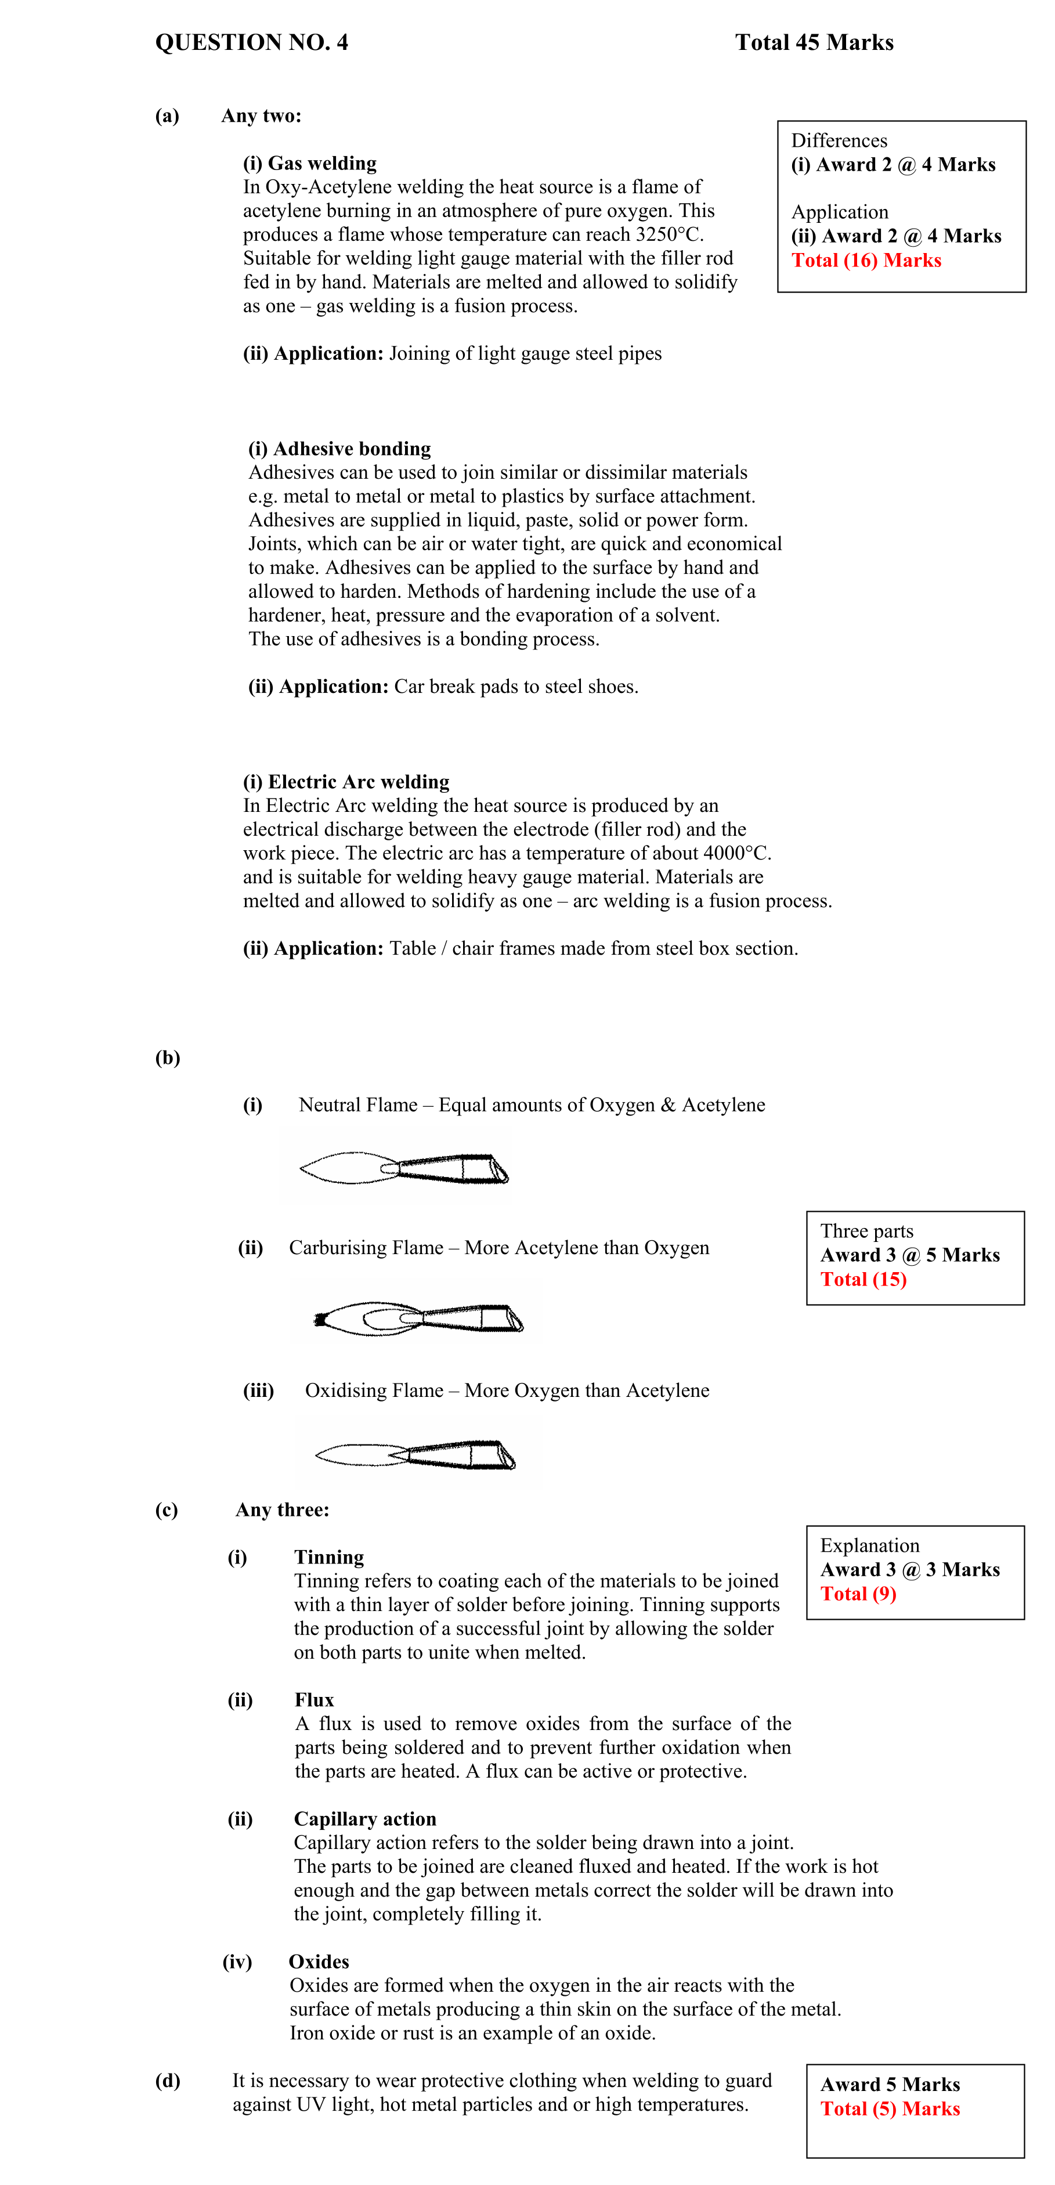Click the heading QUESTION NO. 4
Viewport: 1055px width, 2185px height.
click(x=251, y=42)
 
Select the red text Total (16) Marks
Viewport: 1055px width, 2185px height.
click(x=866, y=261)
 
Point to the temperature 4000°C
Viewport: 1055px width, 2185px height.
click(x=736, y=853)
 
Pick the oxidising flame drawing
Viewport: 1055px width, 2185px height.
click(x=416, y=1455)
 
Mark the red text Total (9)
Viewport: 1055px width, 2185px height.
click(x=858, y=1594)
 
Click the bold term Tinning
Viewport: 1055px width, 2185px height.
click(x=329, y=1557)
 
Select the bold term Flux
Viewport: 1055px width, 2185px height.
click(x=314, y=1700)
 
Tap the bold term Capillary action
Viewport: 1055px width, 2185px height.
click(x=364, y=1819)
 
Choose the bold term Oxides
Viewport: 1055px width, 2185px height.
click(x=319, y=1962)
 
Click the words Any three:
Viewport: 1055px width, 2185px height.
click(x=283, y=1510)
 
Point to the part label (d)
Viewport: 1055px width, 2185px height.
click(x=167, y=2081)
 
